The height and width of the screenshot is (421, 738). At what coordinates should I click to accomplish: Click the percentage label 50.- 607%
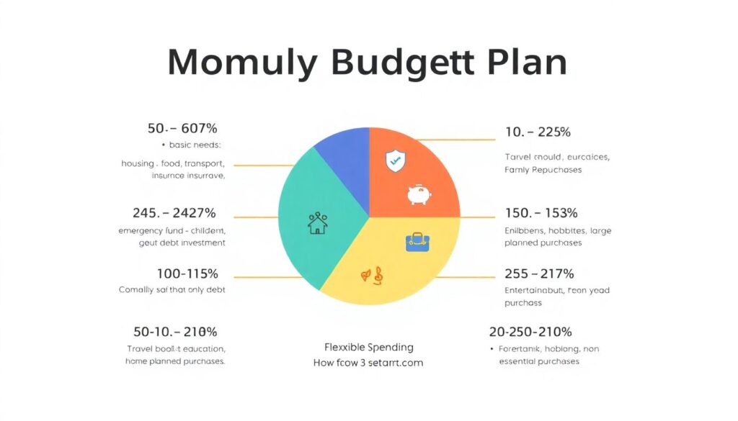[x=182, y=129]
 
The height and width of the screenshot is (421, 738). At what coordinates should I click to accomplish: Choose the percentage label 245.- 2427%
[x=174, y=213]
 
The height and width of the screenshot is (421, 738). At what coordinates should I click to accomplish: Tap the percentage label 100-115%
[x=187, y=273]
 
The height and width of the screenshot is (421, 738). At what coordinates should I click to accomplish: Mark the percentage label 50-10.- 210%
[x=175, y=332]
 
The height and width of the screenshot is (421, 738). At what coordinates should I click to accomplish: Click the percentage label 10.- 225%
[x=538, y=132]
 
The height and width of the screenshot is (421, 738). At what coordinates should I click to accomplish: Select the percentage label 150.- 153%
[x=541, y=213]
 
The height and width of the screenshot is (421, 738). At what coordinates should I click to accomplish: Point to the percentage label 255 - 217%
[x=540, y=273]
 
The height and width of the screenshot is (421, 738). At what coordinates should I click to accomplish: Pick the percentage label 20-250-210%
[x=530, y=332]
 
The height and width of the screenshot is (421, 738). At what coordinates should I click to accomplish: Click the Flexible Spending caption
[x=368, y=347]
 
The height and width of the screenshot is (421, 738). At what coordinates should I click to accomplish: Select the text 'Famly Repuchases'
[x=543, y=170]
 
